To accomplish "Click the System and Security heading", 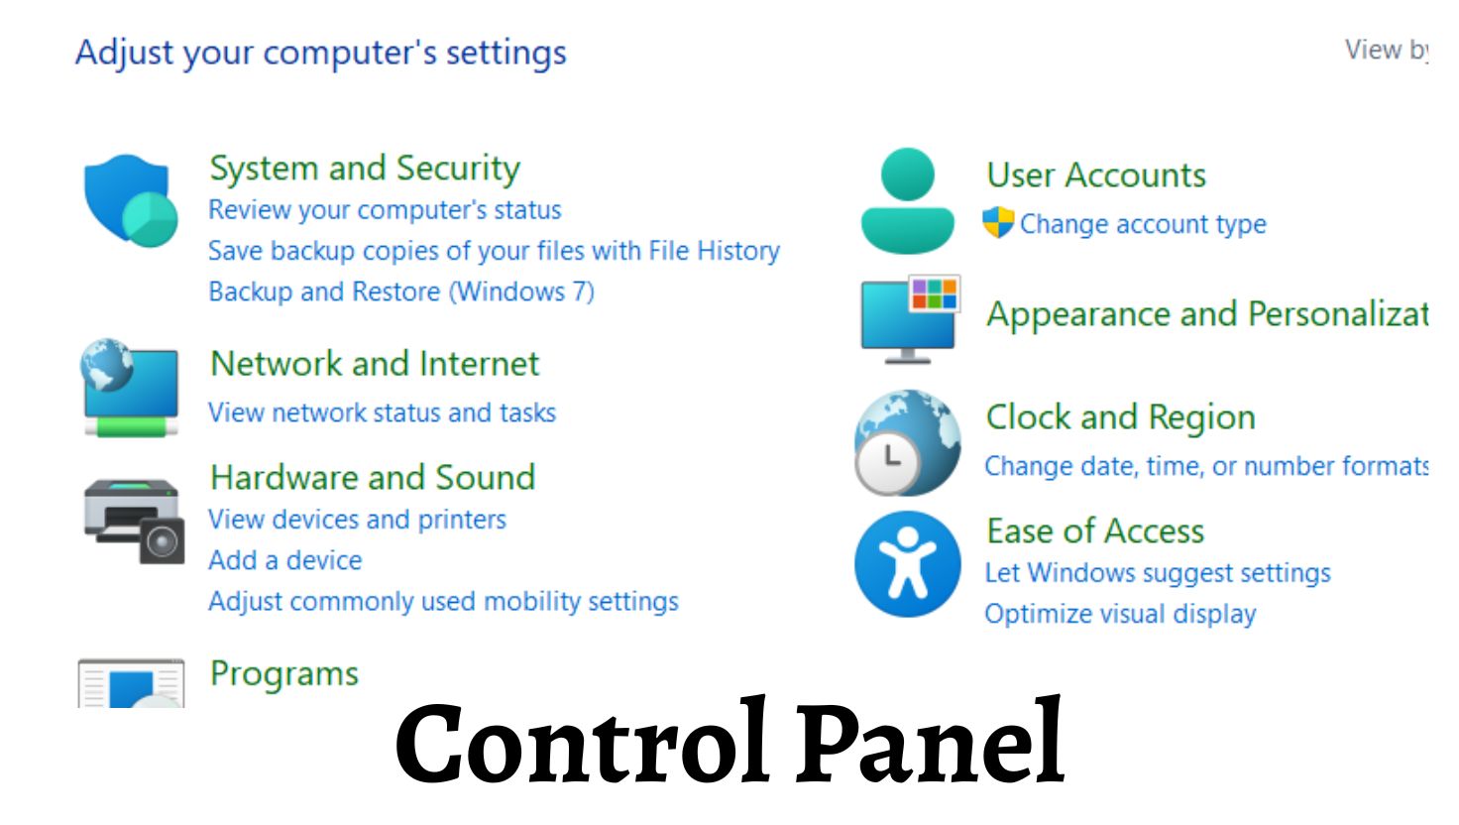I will pyautogui.click(x=365, y=169).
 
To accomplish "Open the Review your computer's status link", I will pyautogui.click(x=385, y=210).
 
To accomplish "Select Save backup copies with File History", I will pyautogui.click(x=494, y=251).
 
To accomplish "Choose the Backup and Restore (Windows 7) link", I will pyautogui.click(x=401, y=292).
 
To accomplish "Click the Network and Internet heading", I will pyautogui.click(x=375, y=364).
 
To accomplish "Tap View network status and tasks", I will pyautogui.click(x=382, y=412).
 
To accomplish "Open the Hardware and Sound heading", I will pyautogui.click(x=373, y=477).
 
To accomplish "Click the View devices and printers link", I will pyautogui.click(x=357, y=520).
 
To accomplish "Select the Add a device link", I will pyautogui.click(x=285, y=560).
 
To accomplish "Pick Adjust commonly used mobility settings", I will pyautogui.click(x=443, y=601).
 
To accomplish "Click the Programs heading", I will pyautogui.click(x=284, y=673).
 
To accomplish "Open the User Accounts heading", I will pyautogui.click(x=1096, y=176).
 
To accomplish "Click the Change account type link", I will pyautogui.click(x=1143, y=224).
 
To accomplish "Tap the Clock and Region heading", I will pyautogui.click(x=1121, y=417).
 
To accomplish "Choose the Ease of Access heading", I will pyautogui.click(x=1095, y=531).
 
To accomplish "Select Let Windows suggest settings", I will pyautogui.click(x=1158, y=573).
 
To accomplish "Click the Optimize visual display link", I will pyautogui.click(x=1120, y=614).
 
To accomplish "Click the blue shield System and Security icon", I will pyautogui.click(x=130, y=199).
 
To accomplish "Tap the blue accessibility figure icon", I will pyautogui.click(x=907, y=564).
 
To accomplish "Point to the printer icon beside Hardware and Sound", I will pyautogui.click(x=133, y=520).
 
